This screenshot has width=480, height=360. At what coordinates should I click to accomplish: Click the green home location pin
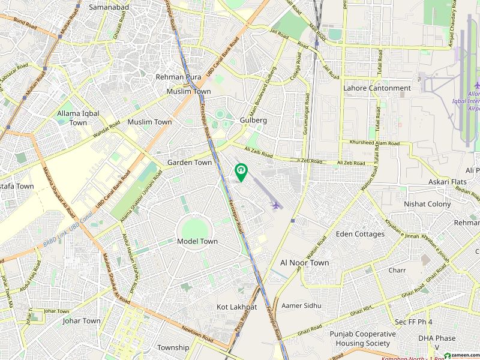click(x=241, y=172)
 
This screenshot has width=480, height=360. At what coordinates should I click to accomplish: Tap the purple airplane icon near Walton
click(x=276, y=206)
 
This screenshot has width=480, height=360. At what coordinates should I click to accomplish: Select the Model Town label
click(x=197, y=241)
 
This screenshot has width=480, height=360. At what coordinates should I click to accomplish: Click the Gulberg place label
click(x=253, y=120)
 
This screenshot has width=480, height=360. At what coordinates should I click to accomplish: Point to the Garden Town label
click(x=189, y=163)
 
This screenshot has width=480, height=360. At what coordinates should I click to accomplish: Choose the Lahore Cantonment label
click(x=377, y=88)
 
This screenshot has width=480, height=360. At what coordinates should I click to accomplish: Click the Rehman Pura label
click(x=178, y=77)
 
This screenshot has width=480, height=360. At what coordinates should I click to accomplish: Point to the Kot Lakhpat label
click(x=236, y=307)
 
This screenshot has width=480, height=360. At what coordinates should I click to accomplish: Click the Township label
click(x=173, y=348)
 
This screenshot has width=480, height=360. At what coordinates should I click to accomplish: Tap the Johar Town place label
click(x=82, y=321)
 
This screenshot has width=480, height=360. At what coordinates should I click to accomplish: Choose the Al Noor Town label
click(x=304, y=263)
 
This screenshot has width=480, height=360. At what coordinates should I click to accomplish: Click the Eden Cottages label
click(x=361, y=234)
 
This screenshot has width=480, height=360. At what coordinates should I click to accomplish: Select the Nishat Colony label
click(x=427, y=204)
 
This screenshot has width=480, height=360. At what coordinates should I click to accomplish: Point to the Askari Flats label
click(x=447, y=181)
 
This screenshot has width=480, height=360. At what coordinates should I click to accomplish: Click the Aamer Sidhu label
click(x=301, y=305)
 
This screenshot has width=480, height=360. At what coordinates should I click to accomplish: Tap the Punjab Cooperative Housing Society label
click(x=362, y=339)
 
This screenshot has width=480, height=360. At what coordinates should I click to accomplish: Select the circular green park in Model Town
click(x=195, y=229)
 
